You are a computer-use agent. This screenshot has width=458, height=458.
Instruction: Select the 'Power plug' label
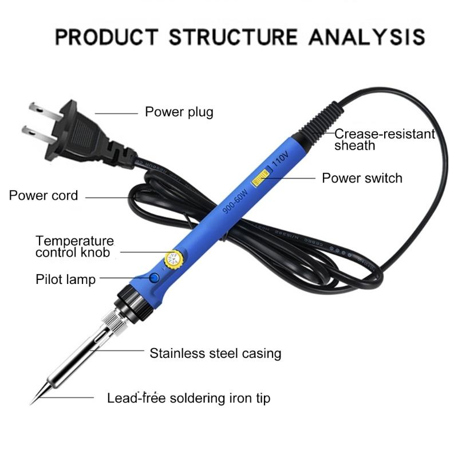(x=179, y=111)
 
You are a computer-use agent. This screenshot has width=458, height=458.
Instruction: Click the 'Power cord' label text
(x=44, y=195)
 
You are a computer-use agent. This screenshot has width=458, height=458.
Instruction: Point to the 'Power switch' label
(x=362, y=178)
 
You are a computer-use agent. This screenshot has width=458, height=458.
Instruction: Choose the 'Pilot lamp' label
(x=66, y=279)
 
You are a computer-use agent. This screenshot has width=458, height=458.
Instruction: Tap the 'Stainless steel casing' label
(x=215, y=353)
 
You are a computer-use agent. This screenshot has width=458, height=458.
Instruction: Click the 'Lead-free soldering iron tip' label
(x=188, y=397)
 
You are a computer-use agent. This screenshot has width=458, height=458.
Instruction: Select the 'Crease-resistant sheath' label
(x=384, y=140)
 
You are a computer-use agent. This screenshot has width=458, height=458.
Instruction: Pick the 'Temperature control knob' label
(x=74, y=247)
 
